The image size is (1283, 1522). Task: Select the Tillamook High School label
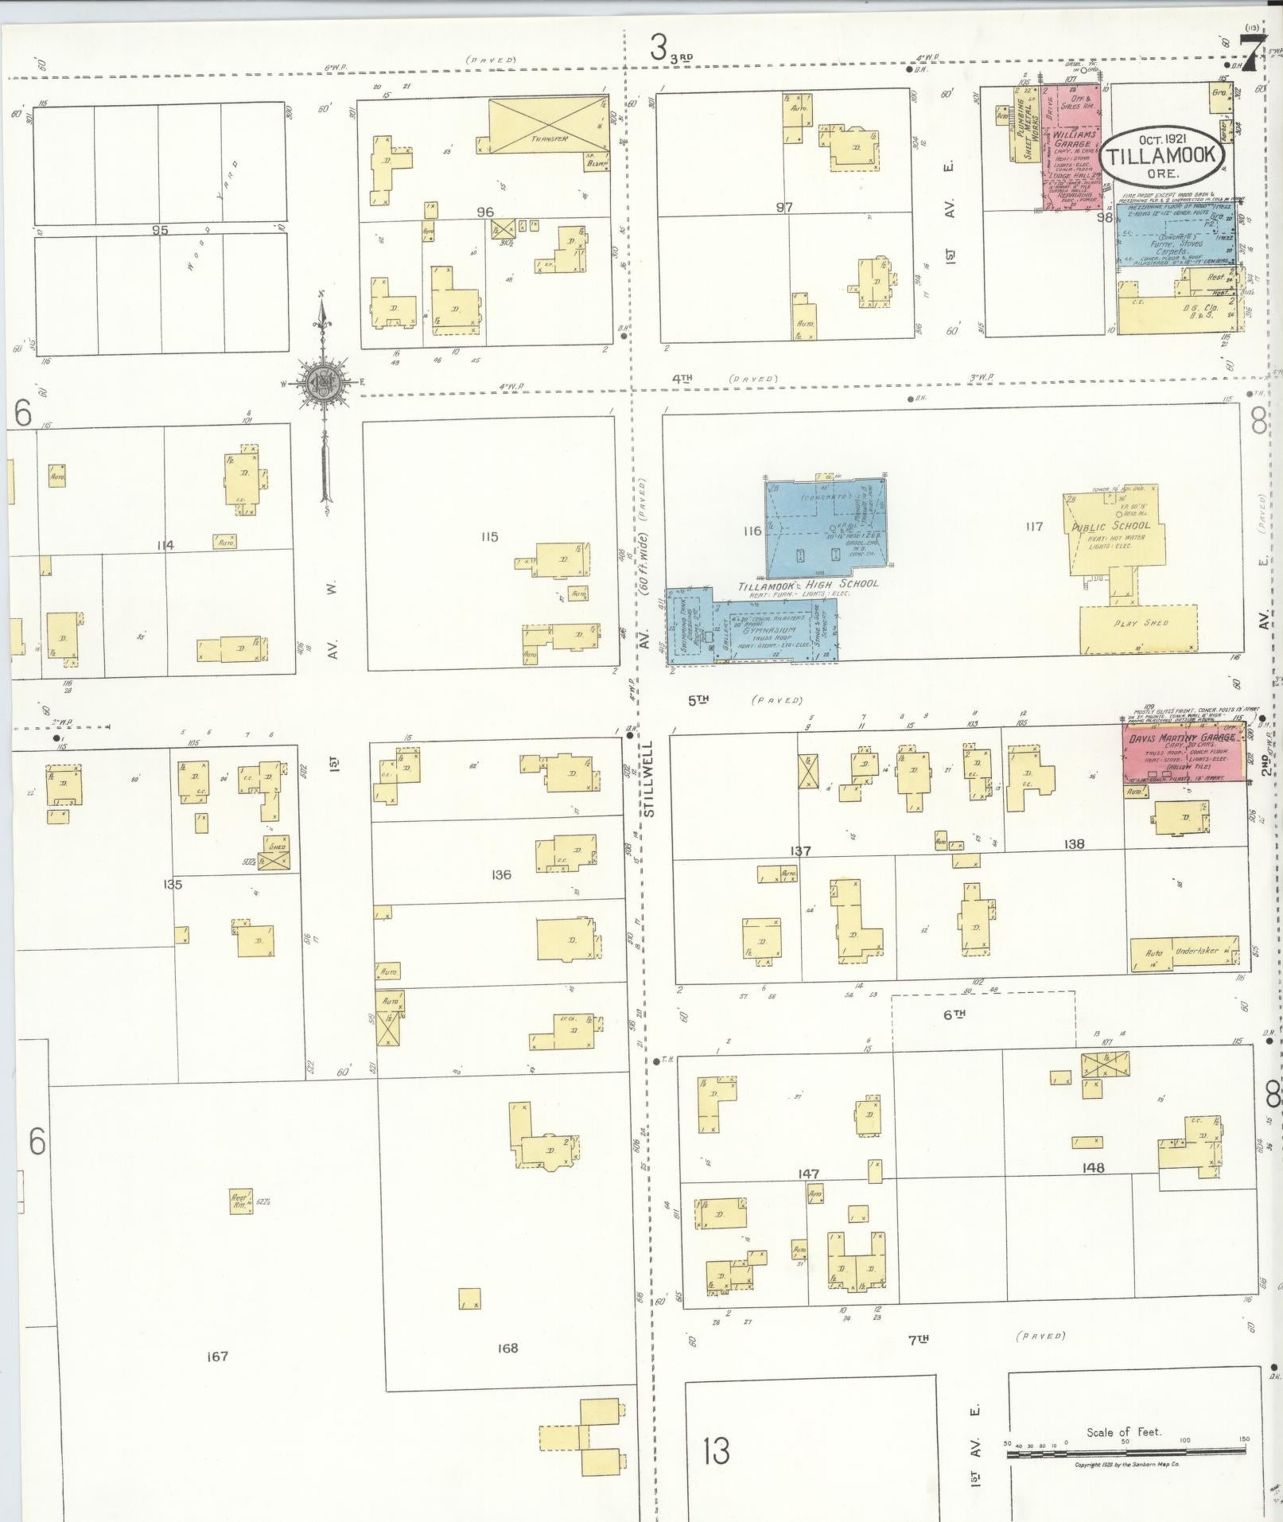click(x=808, y=585)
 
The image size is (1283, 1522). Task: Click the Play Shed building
click(x=1138, y=629)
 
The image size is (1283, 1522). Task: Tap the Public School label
click(x=1110, y=526)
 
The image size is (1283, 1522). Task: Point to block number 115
click(x=489, y=537)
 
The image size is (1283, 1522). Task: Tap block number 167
click(x=217, y=1356)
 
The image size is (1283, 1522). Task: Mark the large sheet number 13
click(x=716, y=1450)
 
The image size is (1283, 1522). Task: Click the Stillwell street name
click(x=647, y=780)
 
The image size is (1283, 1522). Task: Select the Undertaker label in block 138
click(x=1198, y=951)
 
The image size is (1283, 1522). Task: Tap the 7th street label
click(x=919, y=1340)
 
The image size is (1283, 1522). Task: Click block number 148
click(x=1093, y=1168)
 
